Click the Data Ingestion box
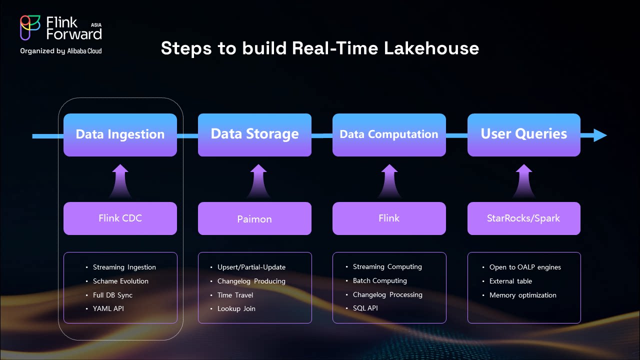tap(120, 134)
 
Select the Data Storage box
tap(254, 134)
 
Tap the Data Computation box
tap(389, 134)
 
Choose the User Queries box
tap(523, 134)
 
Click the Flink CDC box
tap(120, 218)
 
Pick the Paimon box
tap(254, 218)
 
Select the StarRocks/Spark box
tap(523, 218)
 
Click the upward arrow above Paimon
tap(254, 181)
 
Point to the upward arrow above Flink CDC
tap(120, 181)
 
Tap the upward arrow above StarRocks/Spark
tap(523, 181)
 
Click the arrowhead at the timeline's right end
tap(600, 135)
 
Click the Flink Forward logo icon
tap(30, 27)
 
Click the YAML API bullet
tap(108, 308)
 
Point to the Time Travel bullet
tap(235, 295)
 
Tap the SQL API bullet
tap(365, 308)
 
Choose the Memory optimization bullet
tap(522, 295)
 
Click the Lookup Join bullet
tap(236, 308)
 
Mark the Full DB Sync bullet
tap(112, 295)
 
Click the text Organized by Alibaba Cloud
tap(61, 51)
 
